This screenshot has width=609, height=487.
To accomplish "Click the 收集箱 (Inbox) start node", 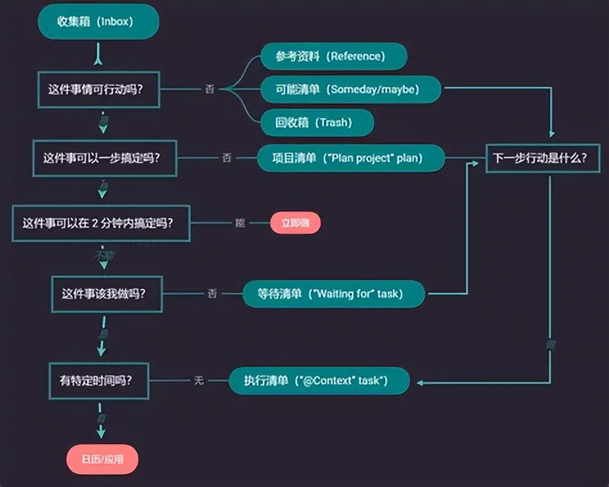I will (x=98, y=21).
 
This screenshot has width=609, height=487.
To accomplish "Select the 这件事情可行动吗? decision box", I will (x=95, y=89).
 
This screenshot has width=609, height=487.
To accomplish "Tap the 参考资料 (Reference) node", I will (x=333, y=57).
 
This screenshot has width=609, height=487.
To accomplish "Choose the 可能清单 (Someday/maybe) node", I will (x=350, y=89).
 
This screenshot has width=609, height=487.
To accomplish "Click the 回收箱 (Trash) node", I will (x=317, y=122).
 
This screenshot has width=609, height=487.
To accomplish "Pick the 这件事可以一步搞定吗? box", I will (x=105, y=157).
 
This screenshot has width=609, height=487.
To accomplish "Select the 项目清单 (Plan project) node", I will (x=351, y=157).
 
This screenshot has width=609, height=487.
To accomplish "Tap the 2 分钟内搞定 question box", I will (x=101, y=224).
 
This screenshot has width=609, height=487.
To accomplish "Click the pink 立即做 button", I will (x=296, y=223).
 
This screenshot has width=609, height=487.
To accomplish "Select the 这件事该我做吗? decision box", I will (x=107, y=294).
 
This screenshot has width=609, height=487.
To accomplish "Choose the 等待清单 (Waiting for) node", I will (x=333, y=294).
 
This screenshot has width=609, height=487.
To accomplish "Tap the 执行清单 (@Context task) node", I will (x=319, y=380).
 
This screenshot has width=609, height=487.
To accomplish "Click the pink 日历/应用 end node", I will (x=102, y=459).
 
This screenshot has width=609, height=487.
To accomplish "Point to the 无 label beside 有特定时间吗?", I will (x=199, y=380).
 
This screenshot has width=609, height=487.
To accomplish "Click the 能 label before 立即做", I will (x=240, y=223).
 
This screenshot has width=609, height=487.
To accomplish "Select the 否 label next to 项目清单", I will (x=226, y=157).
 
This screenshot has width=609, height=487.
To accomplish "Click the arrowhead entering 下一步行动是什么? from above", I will (x=552, y=134).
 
